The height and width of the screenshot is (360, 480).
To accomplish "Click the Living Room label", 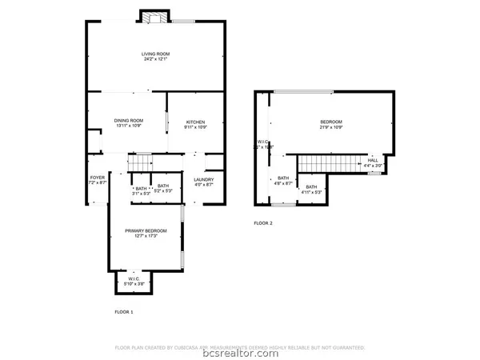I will coord(156,54).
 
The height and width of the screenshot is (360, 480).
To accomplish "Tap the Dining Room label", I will coord(129,120).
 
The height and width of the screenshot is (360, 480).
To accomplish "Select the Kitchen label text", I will coord(196,120).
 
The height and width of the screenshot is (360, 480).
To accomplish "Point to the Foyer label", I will coord(97,179).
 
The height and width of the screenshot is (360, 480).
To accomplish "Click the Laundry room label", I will coord(203,179).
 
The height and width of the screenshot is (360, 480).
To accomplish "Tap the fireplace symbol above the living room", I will coord(154,17).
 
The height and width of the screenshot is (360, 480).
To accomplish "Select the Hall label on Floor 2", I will coord(373,160).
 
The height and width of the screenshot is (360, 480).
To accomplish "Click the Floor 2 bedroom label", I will coord(331,122).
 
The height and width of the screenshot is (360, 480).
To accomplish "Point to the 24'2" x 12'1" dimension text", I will coord(156,59).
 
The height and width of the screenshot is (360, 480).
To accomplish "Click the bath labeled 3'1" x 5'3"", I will coord(141,190).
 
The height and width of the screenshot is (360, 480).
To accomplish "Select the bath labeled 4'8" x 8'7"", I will coord(283,181).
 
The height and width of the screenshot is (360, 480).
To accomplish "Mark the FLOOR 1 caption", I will coord(124,310).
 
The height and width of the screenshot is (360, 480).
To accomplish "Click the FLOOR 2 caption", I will coord(263,223).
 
